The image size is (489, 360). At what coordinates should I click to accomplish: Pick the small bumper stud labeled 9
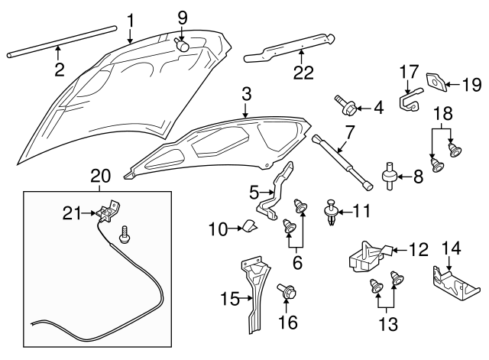pos(183,44)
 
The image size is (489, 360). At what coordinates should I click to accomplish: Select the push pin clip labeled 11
pos(332,211)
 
